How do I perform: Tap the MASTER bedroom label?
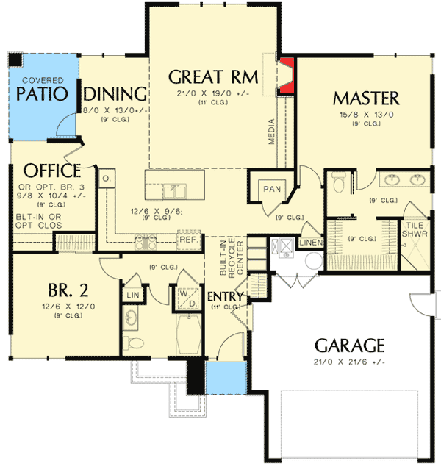click(x=366, y=98)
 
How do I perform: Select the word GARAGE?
click(x=350, y=345)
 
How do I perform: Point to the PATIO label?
click(x=43, y=94)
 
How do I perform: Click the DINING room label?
click(x=116, y=94)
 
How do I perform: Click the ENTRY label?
click(x=225, y=296)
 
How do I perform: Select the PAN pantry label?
click(x=272, y=189)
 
